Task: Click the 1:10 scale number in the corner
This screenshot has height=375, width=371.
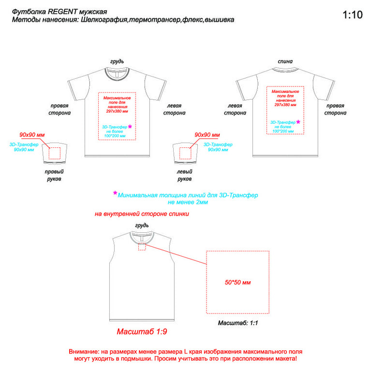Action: click(353, 15)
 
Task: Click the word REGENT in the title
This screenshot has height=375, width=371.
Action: click(63, 12)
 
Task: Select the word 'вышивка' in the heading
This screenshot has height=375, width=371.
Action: click(220, 20)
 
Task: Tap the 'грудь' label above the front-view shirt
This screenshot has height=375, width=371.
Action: click(117, 61)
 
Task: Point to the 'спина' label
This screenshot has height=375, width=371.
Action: click(285, 61)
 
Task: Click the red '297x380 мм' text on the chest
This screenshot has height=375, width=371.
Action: click(117, 111)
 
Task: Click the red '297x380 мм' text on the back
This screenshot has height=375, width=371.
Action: click(285, 105)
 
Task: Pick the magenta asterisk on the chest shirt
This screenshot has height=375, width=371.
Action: click(130, 126)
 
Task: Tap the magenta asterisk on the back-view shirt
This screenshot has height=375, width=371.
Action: click(298, 122)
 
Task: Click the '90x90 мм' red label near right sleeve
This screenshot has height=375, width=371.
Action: click(32, 135)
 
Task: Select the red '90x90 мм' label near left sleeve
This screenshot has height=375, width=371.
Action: click(208, 135)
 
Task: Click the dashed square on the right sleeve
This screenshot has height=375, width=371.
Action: click(55, 153)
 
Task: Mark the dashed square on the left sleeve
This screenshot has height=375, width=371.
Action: click(185, 153)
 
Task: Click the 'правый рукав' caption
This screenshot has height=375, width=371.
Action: click(54, 175)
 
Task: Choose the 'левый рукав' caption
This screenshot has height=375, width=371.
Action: click(185, 175)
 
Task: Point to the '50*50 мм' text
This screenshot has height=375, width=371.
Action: click(237, 282)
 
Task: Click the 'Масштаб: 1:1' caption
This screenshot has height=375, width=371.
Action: click(238, 323)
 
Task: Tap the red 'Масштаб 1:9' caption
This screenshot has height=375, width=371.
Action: click(142, 332)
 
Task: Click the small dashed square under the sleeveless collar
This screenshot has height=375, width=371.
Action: click(142, 247)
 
